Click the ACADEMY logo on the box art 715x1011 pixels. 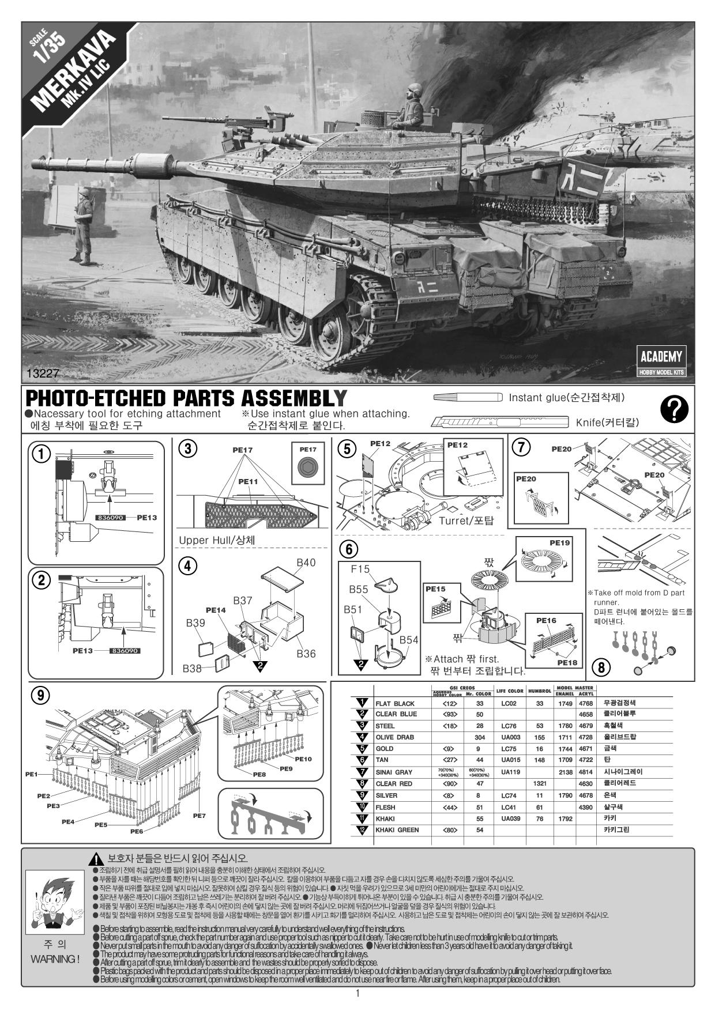click(x=661, y=356)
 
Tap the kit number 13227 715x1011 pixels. click(x=43, y=374)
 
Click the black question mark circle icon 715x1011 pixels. click(x=674, y=409)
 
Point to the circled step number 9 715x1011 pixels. click(x=40, y=695)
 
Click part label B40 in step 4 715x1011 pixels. click(x=306, y=563)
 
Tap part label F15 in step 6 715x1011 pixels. click(x=360, y=569)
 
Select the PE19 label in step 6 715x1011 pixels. click(x=559, y=542)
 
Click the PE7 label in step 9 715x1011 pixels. click(x=200, y=816)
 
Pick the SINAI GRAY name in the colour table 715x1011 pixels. click(x=394, y=772)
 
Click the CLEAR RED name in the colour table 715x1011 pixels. click(x=394, y=783)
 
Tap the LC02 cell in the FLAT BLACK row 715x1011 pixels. click(x=508, y=703)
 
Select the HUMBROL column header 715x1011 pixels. click(x=540, y=691)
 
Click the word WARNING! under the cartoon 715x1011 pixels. click(x=55, y=959)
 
